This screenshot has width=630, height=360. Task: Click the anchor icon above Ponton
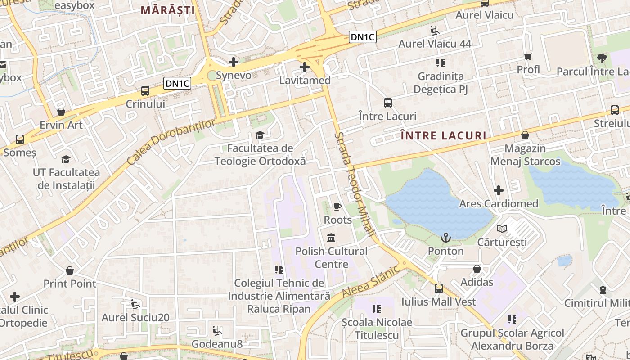point(445,238)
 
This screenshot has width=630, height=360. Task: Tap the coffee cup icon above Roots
point(337,207)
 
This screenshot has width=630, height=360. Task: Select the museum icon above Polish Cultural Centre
point(331,238)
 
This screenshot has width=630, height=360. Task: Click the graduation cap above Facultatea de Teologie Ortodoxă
point(260,135)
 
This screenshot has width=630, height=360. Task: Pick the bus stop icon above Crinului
point(145,90)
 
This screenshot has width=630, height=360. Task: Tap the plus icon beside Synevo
point(233,62)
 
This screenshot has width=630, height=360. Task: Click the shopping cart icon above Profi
point(528,56)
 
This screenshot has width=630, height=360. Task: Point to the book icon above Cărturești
point(502,229)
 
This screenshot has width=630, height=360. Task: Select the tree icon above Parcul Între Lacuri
point(601,58)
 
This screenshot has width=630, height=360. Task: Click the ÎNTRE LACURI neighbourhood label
point(443,135)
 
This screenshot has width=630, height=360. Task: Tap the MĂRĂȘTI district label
point(168,10)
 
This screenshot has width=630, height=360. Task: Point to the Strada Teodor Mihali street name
point(355,184)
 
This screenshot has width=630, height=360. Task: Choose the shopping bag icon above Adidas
point(477,269)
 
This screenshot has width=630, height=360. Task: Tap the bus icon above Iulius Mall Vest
point(438,288)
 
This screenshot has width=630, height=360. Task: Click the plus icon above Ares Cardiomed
point(498,190)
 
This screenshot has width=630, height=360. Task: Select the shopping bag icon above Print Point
point(70,270)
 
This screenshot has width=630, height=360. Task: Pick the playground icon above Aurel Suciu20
point(135,304)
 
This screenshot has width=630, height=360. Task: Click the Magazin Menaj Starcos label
point(525,155)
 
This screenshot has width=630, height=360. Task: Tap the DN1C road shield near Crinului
point(177,83)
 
